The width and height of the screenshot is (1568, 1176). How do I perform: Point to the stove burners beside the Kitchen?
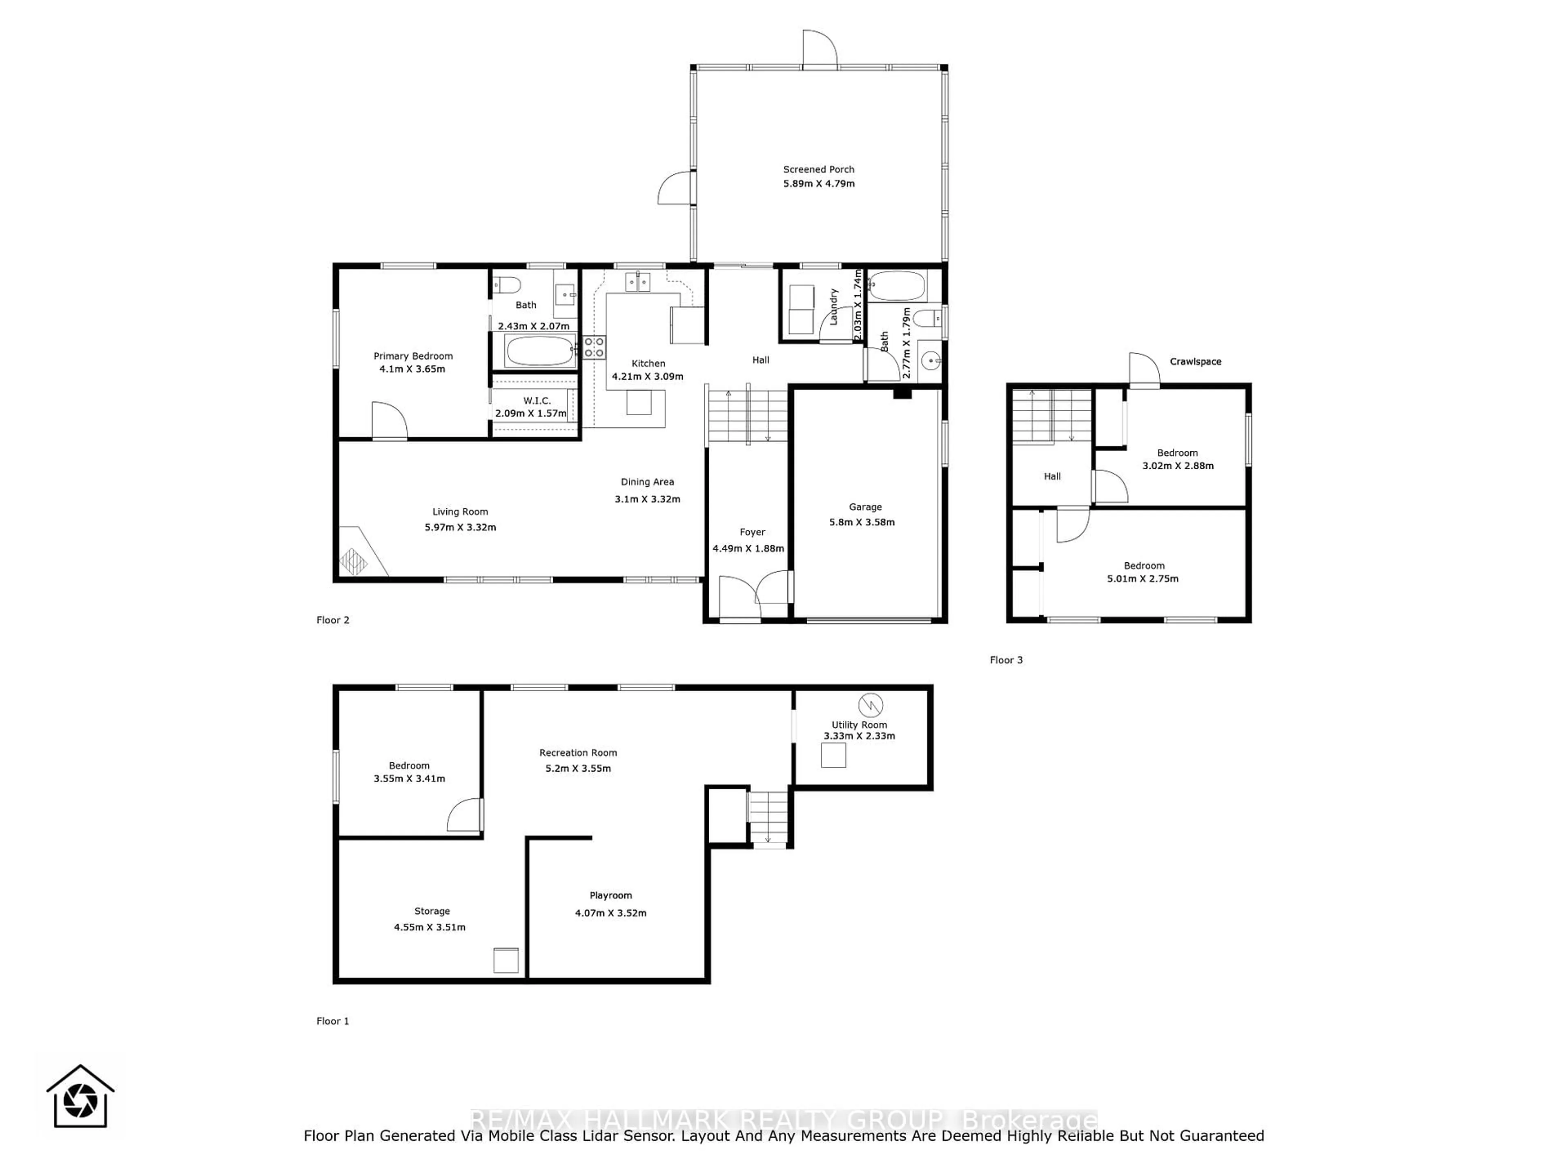pos(594,347)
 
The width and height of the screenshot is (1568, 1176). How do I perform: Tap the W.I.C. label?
pos(537,401)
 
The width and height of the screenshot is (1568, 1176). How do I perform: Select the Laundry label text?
pos(834,307)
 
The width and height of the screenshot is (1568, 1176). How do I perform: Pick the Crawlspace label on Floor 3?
pos(1195,361)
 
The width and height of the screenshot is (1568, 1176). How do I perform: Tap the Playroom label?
pos(610,895)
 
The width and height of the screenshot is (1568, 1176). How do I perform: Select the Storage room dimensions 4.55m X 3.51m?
pos(430,927)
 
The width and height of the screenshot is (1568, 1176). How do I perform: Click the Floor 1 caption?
pos(332,1021)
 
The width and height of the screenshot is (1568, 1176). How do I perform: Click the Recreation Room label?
pos(578,753)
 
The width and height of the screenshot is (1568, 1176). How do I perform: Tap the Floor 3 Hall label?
pos(1052,477)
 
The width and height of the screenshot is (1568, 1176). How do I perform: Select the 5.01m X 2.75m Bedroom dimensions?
pos(1143,579)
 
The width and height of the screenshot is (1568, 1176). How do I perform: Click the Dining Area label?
pos(647,482)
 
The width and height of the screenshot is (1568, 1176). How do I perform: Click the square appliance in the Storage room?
pos(506,960)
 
